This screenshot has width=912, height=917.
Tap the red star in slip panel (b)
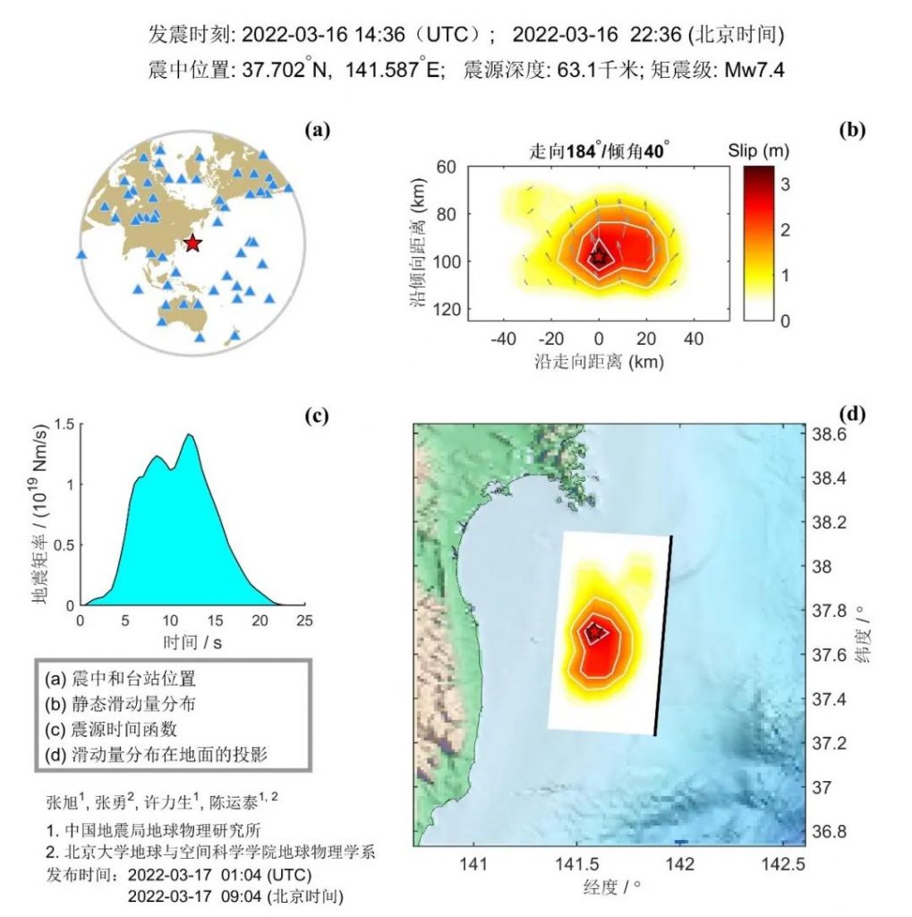coord(599,258)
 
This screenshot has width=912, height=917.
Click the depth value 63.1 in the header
coord(549,70)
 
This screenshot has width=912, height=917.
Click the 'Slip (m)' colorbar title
coord(757,150)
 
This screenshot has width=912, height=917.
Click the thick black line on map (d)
coord(663,636)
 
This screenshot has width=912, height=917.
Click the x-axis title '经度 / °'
coord(613,887)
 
